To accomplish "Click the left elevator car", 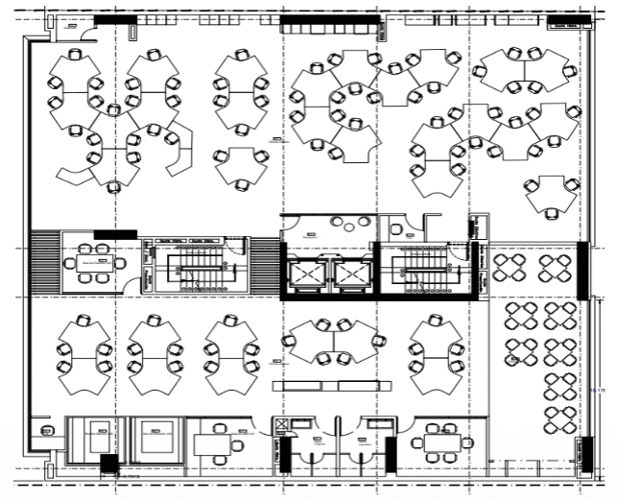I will [x=308, y=274].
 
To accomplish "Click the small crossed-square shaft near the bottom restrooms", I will [x=281, y=425].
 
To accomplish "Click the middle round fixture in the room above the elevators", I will [x=338, y=223].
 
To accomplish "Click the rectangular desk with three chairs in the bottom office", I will [x=212, y=443].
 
